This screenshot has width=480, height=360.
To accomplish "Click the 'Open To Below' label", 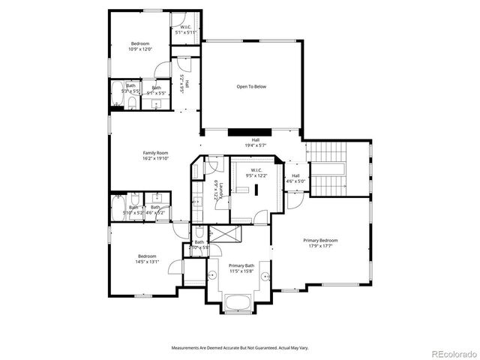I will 251,86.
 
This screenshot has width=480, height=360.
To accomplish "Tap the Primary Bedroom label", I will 320,243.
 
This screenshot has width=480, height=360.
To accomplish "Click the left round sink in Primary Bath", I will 211,275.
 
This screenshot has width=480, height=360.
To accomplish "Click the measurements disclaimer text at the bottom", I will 240,348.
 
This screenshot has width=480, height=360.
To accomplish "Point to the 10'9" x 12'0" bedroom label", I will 140,46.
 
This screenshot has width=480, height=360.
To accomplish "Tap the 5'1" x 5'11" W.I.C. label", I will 185,30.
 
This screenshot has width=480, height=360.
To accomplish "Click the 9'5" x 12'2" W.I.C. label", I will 255,173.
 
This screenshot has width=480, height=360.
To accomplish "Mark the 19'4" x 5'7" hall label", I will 255,142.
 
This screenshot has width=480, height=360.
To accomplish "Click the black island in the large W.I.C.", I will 256,190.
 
